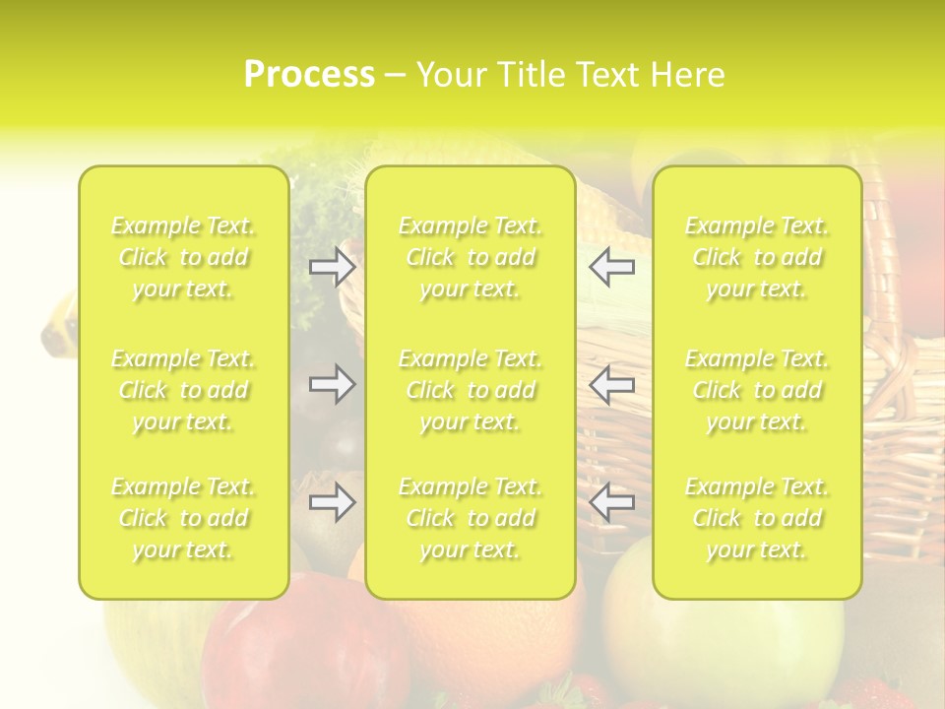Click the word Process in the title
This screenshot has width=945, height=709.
click(309, 75)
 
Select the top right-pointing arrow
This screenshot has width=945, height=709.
click(332, 267)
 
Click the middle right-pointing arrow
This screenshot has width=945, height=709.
click(332, 384)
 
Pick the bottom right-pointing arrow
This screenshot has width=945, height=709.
click(332, 502)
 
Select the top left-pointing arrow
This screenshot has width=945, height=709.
click(612, 267)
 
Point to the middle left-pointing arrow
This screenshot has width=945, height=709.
click(612, 384)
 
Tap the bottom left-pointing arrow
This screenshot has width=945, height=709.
click(612, 502)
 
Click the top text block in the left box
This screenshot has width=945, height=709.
click(183, 257)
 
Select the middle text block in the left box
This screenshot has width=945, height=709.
click(183, 390)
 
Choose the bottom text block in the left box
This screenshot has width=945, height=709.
click(183, 518)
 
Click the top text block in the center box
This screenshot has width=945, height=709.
click(471, 257)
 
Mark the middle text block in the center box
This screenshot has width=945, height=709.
click(471, 390)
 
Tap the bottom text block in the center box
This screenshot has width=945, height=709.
click(471, 518)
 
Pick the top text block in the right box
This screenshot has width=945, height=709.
click(757, 257)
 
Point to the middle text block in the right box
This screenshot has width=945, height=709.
click(757, 390)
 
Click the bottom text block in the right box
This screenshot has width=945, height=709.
click(757, 518)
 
